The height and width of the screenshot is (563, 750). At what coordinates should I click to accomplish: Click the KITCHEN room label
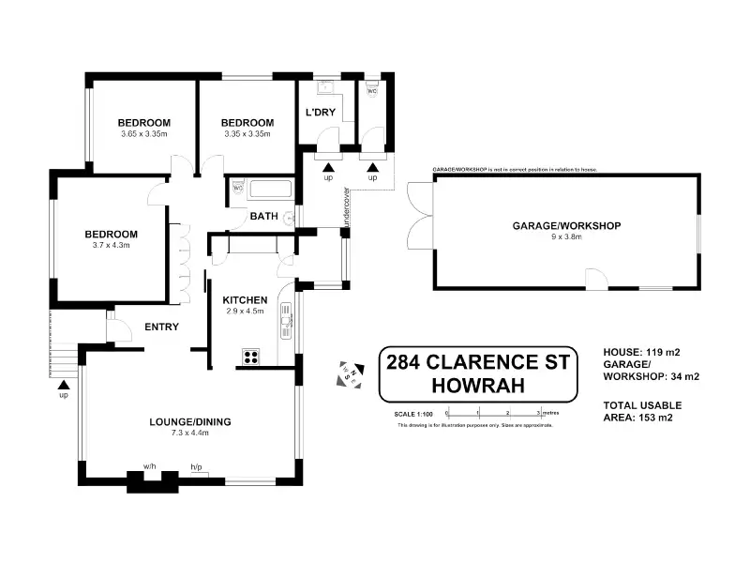point(246,300)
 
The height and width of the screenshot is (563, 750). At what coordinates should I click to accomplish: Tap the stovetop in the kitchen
point(251,355)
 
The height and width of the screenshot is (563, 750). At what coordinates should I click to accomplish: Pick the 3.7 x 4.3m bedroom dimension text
point(112,245)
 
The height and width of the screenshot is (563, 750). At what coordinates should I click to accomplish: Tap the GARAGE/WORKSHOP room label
point(566,225)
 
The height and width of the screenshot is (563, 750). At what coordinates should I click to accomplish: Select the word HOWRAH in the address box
point(477,385)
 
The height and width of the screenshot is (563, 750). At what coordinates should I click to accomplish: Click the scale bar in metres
point(493,411)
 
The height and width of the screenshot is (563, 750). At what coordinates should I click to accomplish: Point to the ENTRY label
point(161,327)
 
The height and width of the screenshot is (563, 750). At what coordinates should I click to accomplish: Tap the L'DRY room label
point(321,113)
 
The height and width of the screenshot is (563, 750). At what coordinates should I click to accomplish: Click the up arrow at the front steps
point(63,385)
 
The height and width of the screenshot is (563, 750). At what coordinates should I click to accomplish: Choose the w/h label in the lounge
point(150,465)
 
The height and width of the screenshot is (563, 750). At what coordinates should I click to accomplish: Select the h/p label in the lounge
point(196,466)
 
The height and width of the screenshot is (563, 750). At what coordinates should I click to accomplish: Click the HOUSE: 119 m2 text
point(640,351)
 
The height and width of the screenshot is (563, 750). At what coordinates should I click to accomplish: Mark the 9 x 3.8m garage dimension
point(566,236)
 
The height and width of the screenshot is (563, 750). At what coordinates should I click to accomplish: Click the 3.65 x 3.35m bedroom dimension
point(143,133)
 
